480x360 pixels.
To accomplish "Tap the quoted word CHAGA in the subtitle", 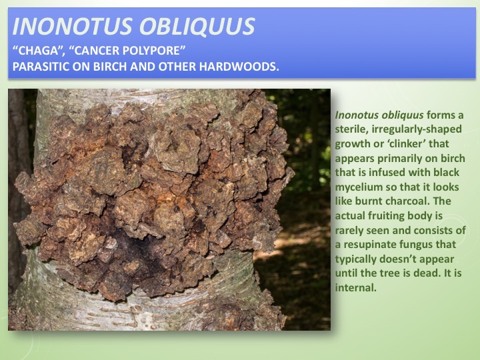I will (37, 51).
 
